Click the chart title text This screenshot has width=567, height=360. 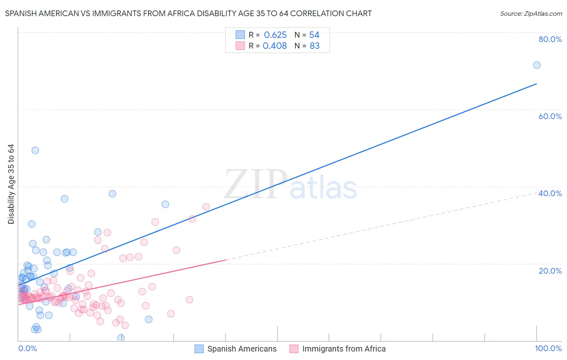click(188, 13)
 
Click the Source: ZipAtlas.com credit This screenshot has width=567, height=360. click(531, 13)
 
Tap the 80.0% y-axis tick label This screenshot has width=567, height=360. click(550, 39)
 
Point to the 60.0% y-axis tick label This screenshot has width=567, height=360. click(550, 116)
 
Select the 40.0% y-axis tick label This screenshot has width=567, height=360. click(550, 193)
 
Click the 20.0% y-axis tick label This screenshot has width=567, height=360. click(550, 271)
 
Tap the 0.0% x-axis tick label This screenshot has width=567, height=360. click(27, 348)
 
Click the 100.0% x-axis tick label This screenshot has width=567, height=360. click(548, 348)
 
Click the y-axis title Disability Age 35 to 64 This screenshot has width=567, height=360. click(11, 184)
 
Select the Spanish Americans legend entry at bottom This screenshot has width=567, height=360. click(236, 349)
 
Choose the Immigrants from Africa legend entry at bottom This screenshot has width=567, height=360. click(338, 349)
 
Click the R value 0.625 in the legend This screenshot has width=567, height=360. click(275, 35)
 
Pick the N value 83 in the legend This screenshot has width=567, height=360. click(315, 46)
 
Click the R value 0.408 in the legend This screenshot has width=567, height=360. click(275, 46)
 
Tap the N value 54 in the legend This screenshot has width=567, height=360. click(314, 35)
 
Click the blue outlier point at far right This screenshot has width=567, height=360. click(537, 65)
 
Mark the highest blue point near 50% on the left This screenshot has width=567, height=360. click(35, 150)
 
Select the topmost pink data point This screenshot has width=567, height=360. click(206, 207)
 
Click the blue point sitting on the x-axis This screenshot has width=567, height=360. click(121, 338)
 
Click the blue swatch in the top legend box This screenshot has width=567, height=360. click(240, 35)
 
